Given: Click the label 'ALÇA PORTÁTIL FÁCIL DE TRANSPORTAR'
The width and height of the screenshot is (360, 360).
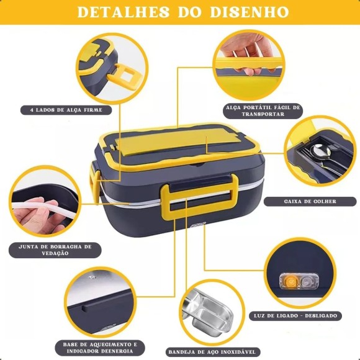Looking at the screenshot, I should pyautogui.click(x=263, y=110).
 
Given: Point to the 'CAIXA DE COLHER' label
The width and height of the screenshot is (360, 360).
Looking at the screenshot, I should pyautogui.click(x=310, y=202).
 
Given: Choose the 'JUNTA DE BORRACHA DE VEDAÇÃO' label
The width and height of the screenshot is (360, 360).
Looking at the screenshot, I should pyautogui.click(x=55, y=250).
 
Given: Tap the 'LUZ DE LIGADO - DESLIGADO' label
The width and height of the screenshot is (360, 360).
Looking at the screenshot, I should pyautogui.click(x=297, y=316).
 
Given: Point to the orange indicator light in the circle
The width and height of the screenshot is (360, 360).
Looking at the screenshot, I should pyautogui.click(x=287, y=281).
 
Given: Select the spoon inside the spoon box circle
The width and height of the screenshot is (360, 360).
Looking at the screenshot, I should pyautogui.click(x=319, y=153).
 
